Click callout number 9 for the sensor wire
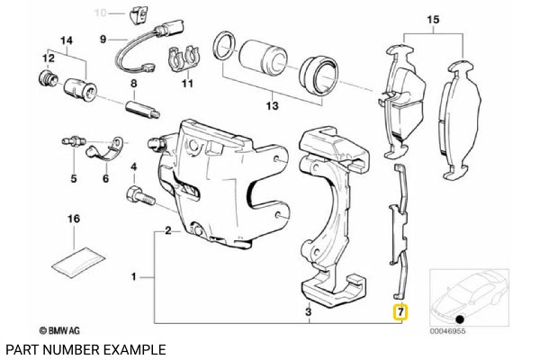coord(103,39)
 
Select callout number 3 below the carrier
coord(309,312)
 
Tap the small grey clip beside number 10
coord(139,13)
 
